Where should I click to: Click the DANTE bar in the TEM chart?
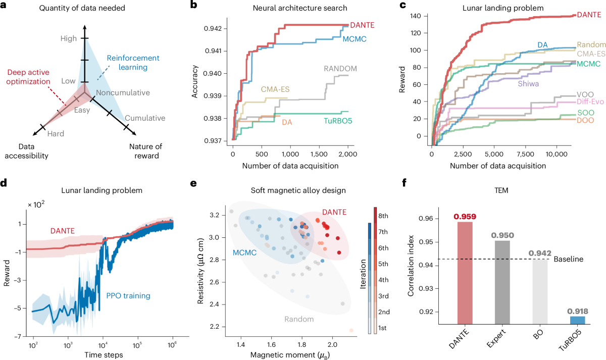click(465, 278)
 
